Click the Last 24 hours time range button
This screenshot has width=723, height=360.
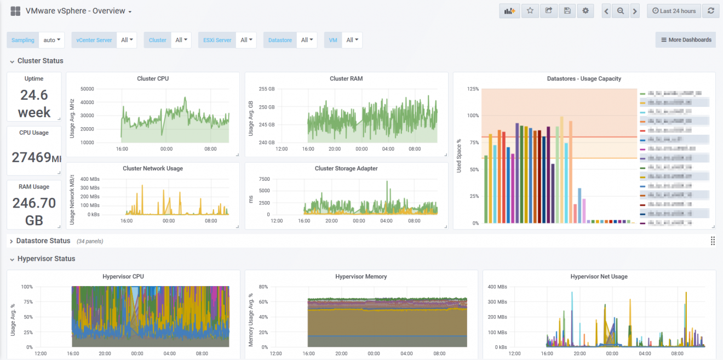coord(674,11)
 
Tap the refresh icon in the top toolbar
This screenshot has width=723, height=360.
coord(710,11)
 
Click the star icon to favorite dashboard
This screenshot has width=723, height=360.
coord(530,11)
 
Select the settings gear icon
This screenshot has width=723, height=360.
coord(585,11)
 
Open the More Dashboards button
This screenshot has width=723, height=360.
coord(685,40)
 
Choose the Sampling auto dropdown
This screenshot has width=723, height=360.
coord(53,40)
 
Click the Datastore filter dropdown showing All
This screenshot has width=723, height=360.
coord(306,40)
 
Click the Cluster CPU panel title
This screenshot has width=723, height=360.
coord(153,79)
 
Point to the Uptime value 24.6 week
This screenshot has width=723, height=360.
coord(34,104)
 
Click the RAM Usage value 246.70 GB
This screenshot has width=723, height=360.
coord(34,211)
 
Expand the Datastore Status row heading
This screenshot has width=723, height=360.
coord(43,241)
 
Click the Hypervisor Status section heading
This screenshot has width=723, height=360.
coord(46,259)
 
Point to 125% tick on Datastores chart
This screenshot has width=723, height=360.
coord(472,89)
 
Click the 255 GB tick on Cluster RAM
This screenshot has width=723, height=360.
coord(267,89)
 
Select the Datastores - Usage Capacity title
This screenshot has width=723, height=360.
coord(584,79)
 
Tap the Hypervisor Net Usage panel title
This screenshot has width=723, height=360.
coord(599,277)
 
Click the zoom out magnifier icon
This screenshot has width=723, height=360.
coord(620,11)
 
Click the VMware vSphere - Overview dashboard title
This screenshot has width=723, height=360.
coord(75,11)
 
